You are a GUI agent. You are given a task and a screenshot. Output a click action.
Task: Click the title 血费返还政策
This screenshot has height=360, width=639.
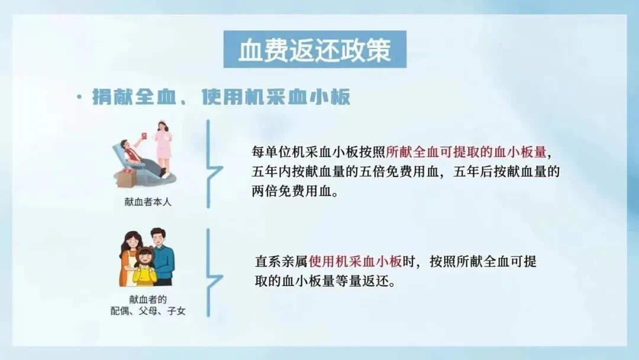point(315,50)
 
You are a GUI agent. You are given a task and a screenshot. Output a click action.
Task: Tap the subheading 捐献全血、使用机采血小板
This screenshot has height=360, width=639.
point(221,97)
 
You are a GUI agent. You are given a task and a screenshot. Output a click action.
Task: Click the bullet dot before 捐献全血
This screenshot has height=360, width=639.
point(79,97)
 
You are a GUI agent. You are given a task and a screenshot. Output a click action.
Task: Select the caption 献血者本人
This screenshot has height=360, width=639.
point(148,202)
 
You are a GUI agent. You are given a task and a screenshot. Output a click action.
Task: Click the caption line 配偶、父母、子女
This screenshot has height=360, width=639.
point(148,311)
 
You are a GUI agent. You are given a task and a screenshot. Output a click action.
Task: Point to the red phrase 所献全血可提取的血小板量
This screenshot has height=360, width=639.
point(466,152)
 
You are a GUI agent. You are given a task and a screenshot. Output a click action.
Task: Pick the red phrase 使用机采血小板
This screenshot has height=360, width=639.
point(356,261)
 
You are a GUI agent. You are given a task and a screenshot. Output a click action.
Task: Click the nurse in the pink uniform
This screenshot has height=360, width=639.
point(163,147)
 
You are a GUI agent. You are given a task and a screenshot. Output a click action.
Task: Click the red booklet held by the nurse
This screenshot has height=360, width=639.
point(144,136)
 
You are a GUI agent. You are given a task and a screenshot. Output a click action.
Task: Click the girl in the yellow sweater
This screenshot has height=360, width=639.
point(145,266)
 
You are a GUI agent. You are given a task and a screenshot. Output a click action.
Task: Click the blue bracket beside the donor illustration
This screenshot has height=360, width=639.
point(212,164)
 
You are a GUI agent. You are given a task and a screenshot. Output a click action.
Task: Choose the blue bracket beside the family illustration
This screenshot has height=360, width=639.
point(212,273)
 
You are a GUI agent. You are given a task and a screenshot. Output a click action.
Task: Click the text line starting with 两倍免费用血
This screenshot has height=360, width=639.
point(295,191)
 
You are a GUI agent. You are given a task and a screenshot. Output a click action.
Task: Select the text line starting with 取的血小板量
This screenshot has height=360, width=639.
point(325,281)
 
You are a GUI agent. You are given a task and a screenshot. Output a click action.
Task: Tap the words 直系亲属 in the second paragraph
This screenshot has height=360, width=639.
point(281,261)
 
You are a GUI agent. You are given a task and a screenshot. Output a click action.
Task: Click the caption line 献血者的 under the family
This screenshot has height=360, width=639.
point(148,299)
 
